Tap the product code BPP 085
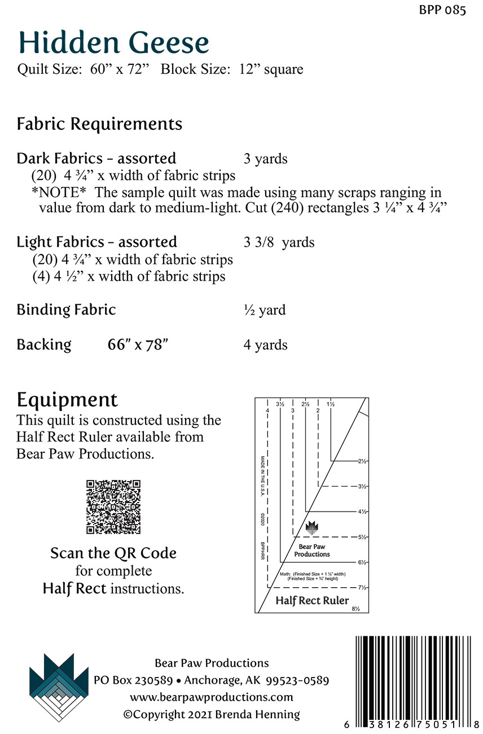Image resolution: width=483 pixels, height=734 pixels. tap(444, 10)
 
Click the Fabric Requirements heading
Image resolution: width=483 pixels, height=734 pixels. tap(99, 124)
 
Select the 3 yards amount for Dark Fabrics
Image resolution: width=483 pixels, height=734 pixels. tap(265, 159)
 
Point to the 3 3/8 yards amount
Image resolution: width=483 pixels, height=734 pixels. tap(279, 243)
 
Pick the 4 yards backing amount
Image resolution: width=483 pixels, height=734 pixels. tap(265, 345)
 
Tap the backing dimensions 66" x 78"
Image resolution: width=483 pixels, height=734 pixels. tap(138, 345)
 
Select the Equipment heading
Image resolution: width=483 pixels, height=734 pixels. tap(67, 400)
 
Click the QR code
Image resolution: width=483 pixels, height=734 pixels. tap(113, 507)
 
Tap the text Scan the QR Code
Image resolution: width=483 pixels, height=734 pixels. tap(113, 553)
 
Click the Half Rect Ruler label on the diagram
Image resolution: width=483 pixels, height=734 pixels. tap(312, 600)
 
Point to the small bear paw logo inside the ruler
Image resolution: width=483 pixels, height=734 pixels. tap(311, 528)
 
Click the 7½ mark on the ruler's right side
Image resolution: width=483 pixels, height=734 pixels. tap(362, 587)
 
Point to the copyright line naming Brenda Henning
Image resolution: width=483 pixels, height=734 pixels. tap(212, 714)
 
